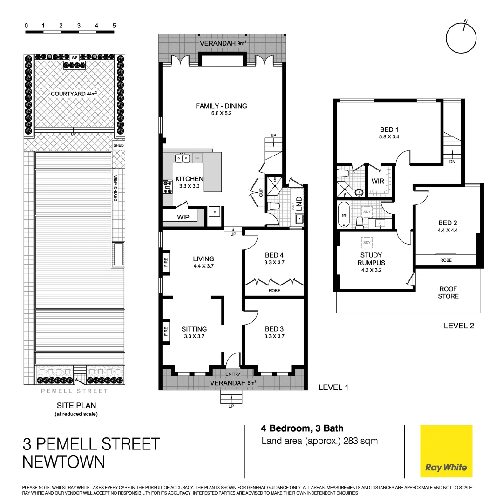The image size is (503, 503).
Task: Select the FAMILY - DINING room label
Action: [221, 106]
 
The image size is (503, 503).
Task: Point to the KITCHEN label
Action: [189, 179]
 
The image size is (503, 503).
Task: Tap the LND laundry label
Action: [299, 203]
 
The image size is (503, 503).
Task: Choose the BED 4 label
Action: [274, 255]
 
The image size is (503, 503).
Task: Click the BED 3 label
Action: [274, 329]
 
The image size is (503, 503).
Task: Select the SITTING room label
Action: [194, 329]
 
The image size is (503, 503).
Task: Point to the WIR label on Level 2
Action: [378, 181]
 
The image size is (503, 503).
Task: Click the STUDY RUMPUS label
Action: [371, 258]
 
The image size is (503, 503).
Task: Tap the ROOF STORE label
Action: [449, 292]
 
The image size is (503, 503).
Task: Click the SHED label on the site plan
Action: [119, 145]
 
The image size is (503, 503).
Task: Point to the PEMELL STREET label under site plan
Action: [75, 391]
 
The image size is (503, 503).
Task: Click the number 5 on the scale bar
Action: [114, 25]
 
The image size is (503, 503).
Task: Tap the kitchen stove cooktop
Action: [168, 187]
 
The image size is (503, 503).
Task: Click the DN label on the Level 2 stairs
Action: [452, 162]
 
